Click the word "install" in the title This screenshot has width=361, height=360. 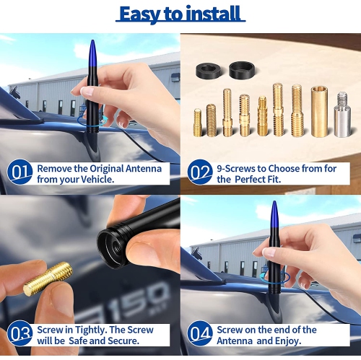pos(213,14)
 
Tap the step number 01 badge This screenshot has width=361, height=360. pos(19,172)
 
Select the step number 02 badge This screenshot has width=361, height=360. pos(200,172)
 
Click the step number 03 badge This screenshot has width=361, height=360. pos(19,333)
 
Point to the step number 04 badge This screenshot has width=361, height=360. pos(200,333)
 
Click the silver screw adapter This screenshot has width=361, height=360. pos(342,115)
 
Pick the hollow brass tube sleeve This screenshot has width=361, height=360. pos(319,111)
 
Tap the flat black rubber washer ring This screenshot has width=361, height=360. pos(208,70)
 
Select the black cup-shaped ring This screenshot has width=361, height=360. pos(242,70)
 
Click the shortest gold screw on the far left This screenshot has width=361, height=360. pos(198,123)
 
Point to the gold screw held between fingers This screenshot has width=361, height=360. pos(48,278)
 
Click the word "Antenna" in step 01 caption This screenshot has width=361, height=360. pos(144,169)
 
